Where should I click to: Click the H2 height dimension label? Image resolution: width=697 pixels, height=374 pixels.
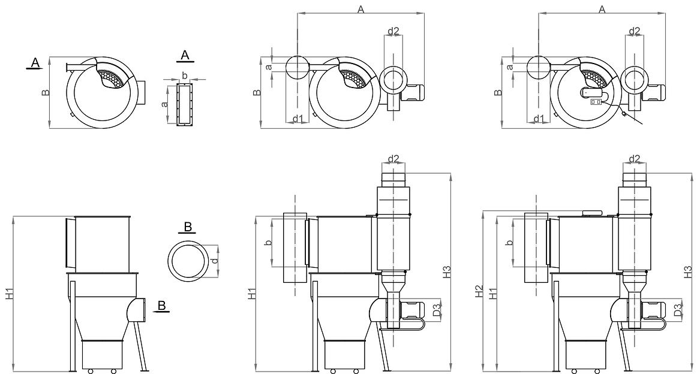coord(479,292)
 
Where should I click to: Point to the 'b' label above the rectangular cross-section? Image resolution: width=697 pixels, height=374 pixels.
coord(185,76)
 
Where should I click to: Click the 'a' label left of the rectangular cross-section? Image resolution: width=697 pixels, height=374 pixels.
coord(164,104)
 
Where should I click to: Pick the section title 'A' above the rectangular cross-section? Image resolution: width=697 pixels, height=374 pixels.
coord(185,55)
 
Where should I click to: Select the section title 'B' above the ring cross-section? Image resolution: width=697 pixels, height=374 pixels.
coord(188,227)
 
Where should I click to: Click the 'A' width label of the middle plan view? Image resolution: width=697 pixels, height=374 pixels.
coord(360,9)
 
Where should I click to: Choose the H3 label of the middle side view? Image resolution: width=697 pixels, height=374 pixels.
coord(446,272)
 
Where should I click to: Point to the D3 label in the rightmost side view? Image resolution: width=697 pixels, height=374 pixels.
coord(677,310)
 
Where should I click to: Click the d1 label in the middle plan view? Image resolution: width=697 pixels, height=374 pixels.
coord(297,118)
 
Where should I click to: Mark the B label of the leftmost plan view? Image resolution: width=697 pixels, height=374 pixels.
coord(45,93)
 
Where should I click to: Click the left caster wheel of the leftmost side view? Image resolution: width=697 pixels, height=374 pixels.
coord(90,371)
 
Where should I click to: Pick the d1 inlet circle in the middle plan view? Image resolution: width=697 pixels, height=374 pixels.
coord(297,68)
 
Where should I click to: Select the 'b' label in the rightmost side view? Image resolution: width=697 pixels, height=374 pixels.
coord(509,243)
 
